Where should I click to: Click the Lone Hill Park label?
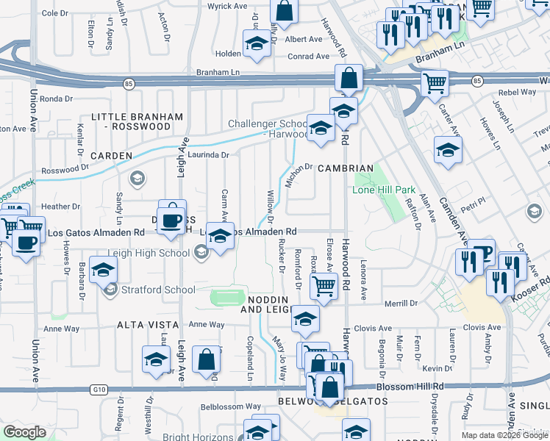384,190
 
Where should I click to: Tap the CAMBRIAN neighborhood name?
346,168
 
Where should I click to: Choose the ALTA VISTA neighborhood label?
146,324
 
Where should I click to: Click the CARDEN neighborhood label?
111,156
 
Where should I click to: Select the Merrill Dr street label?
403,303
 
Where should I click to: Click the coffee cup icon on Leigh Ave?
172,220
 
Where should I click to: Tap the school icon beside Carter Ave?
448,151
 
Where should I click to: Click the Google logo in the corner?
25,432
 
